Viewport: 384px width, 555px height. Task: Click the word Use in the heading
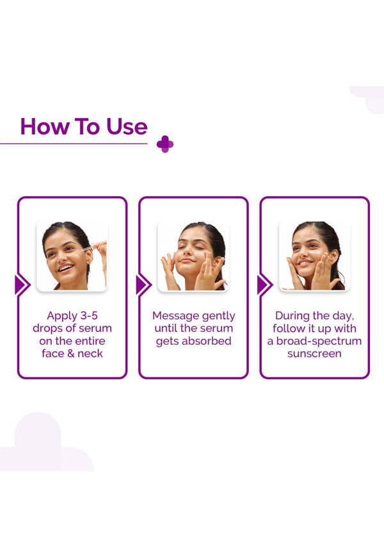pos(127,126)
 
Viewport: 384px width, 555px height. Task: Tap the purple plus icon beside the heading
pos(165,144)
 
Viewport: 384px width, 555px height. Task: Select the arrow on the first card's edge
pos(22,285)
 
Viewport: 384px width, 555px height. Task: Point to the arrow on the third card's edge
pos(265,285)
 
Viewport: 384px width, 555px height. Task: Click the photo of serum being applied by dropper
pos(72,256)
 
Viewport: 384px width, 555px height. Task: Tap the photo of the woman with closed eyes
pos(193,256)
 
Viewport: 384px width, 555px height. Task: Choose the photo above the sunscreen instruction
pos(315,256)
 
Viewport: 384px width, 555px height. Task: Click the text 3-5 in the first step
pos(89,315)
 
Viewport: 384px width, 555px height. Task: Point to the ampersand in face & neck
pos(72,354)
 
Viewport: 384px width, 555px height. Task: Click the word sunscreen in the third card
pos(314,354)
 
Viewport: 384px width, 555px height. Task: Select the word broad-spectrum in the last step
pos(319,341)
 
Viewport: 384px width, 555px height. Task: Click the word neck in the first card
pos(91,354)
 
